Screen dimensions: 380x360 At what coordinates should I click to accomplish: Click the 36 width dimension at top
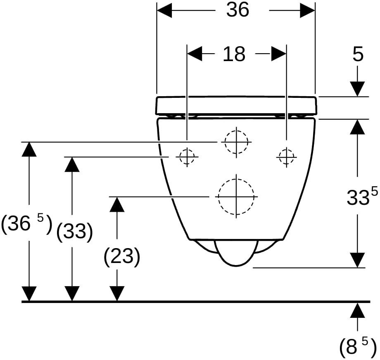(x=237, y=10)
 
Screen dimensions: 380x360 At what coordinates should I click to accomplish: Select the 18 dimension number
(x=234, y=54)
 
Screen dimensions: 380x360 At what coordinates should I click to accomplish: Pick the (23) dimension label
(x=122, y=256)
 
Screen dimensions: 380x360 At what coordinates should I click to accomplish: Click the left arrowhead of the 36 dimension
(x=164, y=10)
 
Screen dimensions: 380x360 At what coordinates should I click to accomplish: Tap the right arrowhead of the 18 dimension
(x=279, y=54)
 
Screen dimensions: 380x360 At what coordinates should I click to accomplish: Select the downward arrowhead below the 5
(x=357, y=89)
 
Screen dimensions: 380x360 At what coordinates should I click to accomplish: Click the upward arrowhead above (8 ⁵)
(x=357, y=310)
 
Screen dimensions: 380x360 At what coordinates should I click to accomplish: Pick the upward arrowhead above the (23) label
(x=117, y=204)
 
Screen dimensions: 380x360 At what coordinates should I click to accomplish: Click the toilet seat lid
(x=236, y=105)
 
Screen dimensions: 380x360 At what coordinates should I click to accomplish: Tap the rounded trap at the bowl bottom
(x=236, y=253)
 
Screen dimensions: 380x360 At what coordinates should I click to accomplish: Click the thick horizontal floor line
(x=196, y=302)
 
